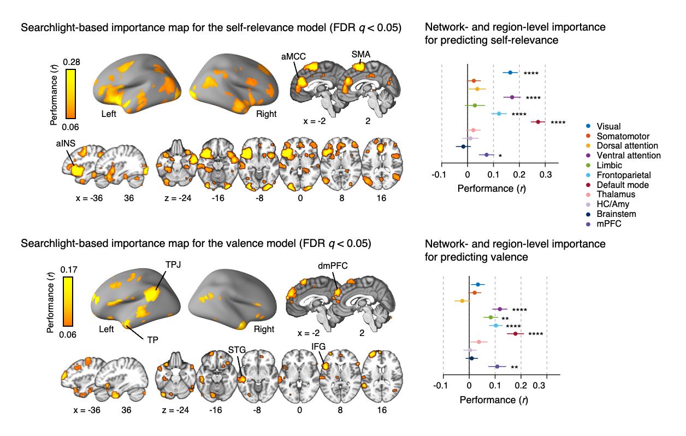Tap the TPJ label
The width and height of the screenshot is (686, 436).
coord(173,264)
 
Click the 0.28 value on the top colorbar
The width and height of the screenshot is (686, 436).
coord(72,62)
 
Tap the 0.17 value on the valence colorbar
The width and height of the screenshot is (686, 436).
coord(72,269)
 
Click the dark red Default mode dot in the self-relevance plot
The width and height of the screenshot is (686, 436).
coord(538,122)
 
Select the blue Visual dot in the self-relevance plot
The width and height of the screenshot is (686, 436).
coord(510,73)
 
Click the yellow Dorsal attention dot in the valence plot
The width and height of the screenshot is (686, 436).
coord(462,301)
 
